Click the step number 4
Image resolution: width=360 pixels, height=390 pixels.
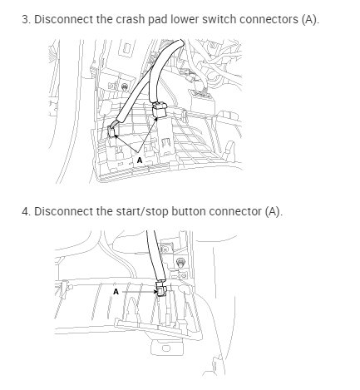click(x=25, y=210)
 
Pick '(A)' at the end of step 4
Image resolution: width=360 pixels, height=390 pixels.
click(x=275, y=210)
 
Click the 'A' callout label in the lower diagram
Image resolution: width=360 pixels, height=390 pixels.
click(x=116, y=291)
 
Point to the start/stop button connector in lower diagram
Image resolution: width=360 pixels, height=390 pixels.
click(x=160, y=290)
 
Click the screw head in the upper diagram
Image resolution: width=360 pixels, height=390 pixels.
click(x=123, y=85)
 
